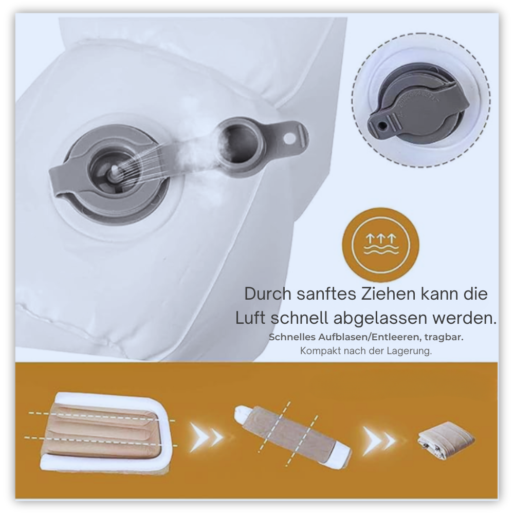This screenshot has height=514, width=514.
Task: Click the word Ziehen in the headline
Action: [389, 293]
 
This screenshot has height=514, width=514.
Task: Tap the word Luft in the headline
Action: [251, 318]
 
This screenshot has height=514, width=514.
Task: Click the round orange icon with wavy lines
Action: [380, 245]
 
